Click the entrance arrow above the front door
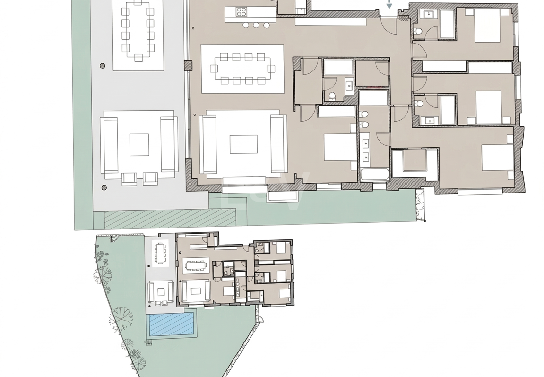click(x=389, y=5)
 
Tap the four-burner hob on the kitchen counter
click(x=242, y=12)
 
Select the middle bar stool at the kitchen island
click(x=256, y=25)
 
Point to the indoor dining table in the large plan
click(x=242, y=69)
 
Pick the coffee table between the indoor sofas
click(x=243, y=144)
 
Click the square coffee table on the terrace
click(x=139, y=145)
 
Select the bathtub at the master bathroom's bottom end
click(x=374, y=174)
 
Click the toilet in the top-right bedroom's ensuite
click(x=418, y=32)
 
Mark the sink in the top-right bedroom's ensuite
click(x=429, y=15)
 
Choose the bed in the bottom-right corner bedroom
click(x=497, y=158)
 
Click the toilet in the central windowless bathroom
click(x=332, y=96)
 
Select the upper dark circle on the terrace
click(x=103, y=66)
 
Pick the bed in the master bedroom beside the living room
click(x=340, y=148)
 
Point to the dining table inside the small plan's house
click(x=195, y=265)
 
